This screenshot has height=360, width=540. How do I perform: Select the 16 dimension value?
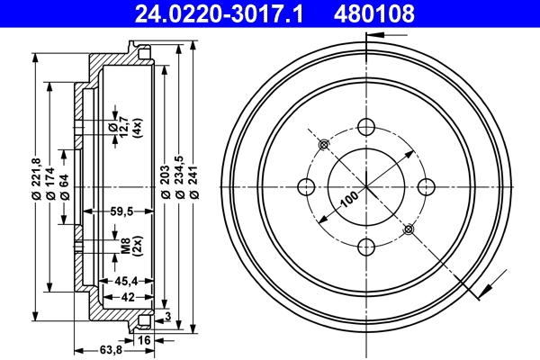click(143, 339)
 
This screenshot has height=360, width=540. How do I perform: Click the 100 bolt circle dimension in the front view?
click(348, 201)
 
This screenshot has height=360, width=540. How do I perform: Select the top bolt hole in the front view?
click(365, 127)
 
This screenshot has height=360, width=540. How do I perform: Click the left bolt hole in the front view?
click(305, 187)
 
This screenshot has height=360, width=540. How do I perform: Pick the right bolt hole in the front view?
click(426, 186)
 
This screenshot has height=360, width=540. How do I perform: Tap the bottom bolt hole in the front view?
click(365, 247)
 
